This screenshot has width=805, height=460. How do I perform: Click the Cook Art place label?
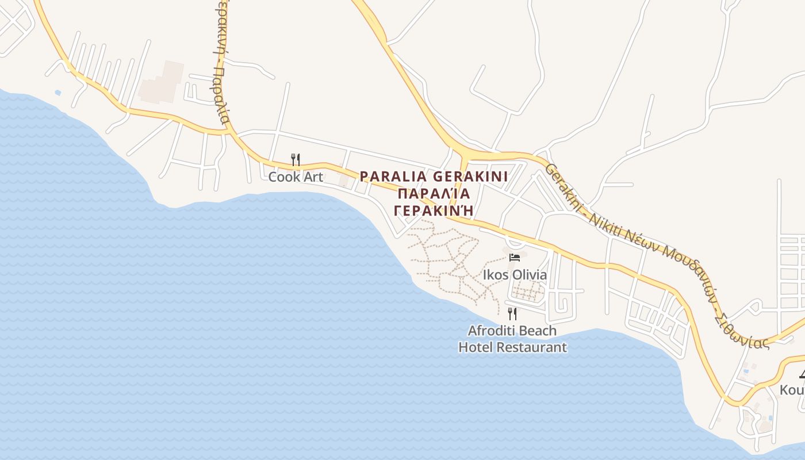[296, 177]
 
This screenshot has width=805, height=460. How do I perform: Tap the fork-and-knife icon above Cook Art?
[296, 159]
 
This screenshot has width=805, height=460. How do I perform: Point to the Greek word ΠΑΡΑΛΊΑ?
[434, 193]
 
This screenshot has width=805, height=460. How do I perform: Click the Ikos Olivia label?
[515, 275]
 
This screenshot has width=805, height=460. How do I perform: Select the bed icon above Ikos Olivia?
[515, 257]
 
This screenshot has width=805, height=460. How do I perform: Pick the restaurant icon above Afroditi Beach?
[512, 313]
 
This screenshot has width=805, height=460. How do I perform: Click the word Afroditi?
[490, 331]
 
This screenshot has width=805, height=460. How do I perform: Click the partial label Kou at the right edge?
[792, 390]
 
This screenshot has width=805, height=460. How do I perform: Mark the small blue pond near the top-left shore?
[57, 92]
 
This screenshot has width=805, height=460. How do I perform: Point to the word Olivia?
[529, 275]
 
